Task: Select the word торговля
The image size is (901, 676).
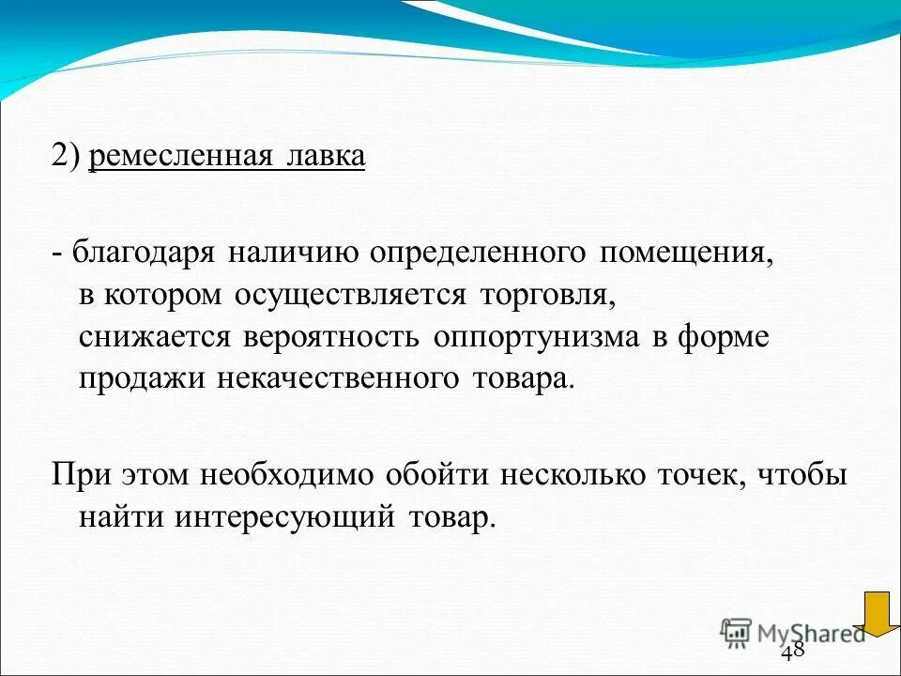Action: click(x=549, y=296)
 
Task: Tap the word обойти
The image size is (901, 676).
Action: click(x=436, y=475)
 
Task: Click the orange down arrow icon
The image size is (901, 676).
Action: click(x=881, y=612)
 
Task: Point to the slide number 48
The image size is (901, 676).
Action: click(x=792, y=652)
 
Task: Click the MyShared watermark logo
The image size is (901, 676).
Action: click(x=793, y=632)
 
